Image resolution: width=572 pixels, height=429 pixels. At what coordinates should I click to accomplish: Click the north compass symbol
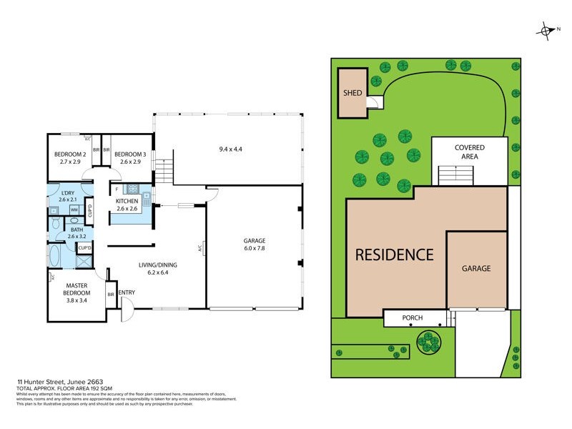click(546, 30)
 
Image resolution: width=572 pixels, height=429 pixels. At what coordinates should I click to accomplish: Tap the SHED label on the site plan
click(352, 92)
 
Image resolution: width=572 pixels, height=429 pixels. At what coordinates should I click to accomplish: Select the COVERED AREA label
click(469, 152)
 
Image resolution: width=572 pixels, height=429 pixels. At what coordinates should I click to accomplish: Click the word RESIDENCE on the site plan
click(394, 255)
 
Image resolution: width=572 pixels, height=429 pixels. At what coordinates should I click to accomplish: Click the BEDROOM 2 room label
click(70, 154)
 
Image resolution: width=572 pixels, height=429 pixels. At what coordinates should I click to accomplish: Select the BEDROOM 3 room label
click(130, 154)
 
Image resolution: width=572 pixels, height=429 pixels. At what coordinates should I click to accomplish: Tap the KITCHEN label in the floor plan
click(127, 202)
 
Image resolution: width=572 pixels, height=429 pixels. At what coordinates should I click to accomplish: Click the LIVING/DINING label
click(157, 265)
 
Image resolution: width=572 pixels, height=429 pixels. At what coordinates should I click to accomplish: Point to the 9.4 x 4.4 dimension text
click(231, 150)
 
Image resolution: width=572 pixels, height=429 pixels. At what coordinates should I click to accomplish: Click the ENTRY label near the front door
click(127, 292)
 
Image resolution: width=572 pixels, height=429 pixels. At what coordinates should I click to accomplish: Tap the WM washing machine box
click(74, 210)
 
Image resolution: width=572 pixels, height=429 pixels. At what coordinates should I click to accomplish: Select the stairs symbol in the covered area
click(455, 174)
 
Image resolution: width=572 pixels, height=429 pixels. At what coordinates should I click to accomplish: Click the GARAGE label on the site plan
click(475, 268)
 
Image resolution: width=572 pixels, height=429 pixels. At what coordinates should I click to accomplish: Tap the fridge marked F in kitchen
click(117, 189)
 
